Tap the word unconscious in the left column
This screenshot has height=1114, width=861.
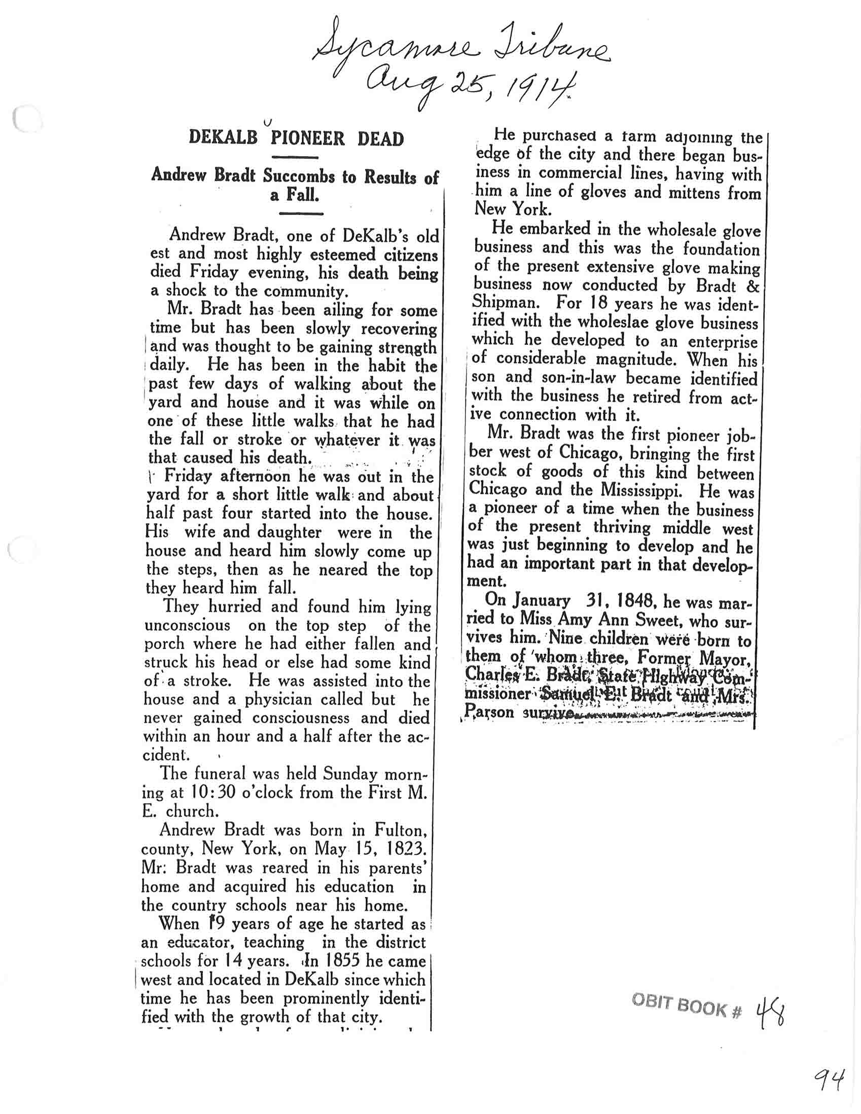tap(187, 625)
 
